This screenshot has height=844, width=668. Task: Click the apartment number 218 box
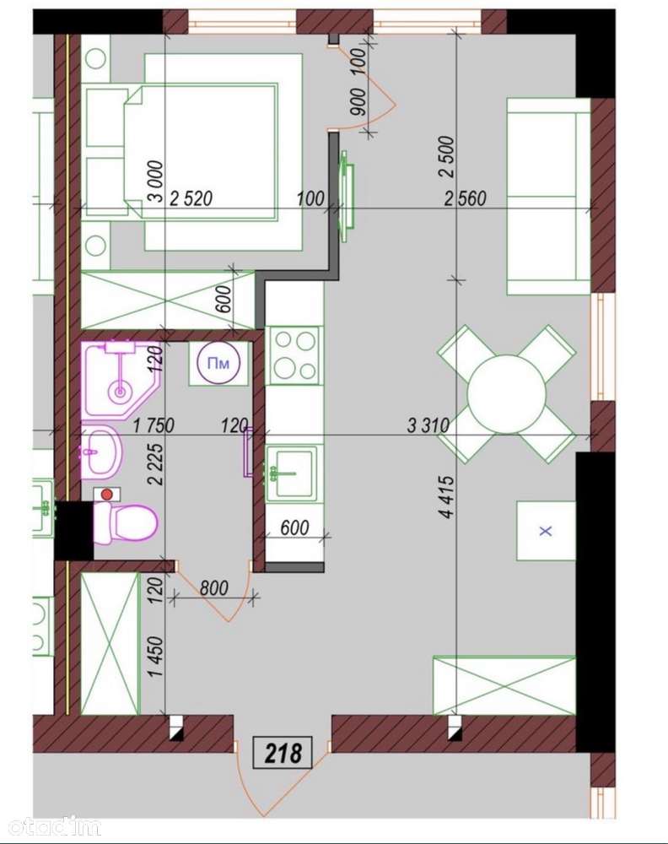[283, 753]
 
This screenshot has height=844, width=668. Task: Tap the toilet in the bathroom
[126, 522]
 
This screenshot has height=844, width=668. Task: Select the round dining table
[506, 393]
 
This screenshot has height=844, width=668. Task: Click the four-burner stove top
[294, 355]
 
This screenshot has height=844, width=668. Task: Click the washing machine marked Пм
[218, 363]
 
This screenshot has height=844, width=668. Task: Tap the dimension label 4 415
[446, 496]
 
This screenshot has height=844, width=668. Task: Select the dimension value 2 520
[191, 198]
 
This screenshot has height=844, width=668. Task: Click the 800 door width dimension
[213, 587]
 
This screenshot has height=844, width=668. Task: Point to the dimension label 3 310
[428, 426]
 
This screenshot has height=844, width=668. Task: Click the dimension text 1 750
[154, 425]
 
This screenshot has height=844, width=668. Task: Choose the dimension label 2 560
[465, 198]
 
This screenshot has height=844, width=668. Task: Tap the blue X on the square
[546, 531]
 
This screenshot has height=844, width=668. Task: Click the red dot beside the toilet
[106, 494]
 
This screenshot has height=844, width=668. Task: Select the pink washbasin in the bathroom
[101, 451]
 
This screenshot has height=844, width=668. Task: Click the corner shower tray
[121, 379]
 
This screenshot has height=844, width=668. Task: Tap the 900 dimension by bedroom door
[358, 102]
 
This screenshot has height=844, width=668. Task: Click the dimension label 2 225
[155, 463]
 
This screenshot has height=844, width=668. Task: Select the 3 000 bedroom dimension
[155, 181]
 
